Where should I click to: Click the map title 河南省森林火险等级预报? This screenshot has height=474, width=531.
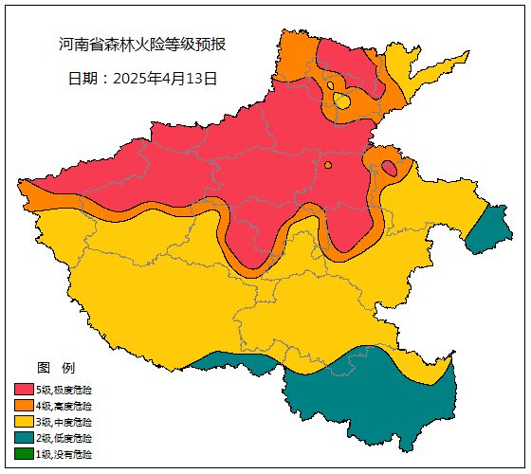point(142,45)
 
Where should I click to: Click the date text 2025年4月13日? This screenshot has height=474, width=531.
point(142,79)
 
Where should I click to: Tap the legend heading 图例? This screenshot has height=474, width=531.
point(55,368)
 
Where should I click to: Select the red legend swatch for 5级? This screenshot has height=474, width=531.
point(24,390)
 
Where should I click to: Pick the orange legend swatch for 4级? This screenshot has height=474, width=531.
point(24,406)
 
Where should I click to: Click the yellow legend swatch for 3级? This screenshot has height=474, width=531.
point(24,422)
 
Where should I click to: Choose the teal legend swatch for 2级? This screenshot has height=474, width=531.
point(24,438)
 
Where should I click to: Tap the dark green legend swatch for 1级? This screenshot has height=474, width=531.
point(24,454)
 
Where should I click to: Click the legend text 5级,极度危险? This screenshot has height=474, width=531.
point(64,390)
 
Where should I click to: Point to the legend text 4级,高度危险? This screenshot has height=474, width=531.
point(64,406)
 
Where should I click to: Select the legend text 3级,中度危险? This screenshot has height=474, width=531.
point(64,422)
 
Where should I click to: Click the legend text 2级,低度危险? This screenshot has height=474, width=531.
point(64,438)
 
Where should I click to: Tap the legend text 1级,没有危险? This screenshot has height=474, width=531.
point(64,454)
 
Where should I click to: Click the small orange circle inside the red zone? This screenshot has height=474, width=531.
point(328,165)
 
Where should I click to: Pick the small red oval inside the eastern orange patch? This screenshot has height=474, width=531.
point(389,169)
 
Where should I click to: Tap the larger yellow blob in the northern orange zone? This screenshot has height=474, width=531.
point(342,100)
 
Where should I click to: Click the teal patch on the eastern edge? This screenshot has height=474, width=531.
point(489,230)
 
